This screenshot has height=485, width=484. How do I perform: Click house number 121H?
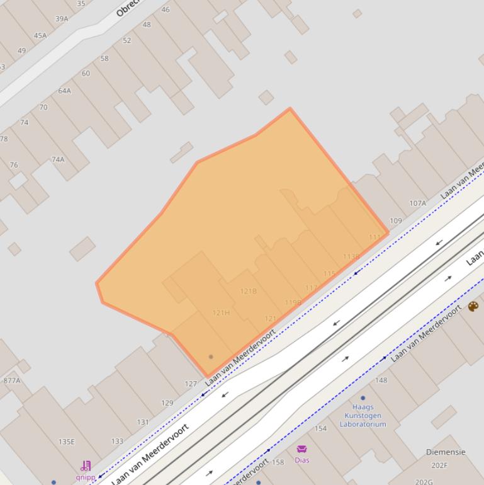click(x=221, y=313)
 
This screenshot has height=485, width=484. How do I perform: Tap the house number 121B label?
click(x=249, y=291)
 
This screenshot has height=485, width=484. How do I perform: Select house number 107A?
click(x=418, y=203)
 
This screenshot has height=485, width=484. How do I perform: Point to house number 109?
click(x=395, y=221)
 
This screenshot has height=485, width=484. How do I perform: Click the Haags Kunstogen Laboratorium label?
click(x=363, y=416)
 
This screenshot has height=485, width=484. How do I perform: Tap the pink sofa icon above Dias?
click(x=301, y=449)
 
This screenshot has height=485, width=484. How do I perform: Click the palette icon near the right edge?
click(x=473, y=307)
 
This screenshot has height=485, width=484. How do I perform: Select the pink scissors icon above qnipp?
click(x=86, y=466)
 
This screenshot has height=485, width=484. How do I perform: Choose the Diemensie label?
click(x=446, y=452)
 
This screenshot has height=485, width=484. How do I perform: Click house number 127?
click(x=191, y=384)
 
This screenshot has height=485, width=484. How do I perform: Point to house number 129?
click(x=167, y=403)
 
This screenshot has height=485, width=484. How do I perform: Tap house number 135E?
click(x=67, y=442)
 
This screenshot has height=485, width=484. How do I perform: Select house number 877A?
click(x=11, y=380)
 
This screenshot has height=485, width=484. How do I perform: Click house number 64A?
click(x=64, y=91)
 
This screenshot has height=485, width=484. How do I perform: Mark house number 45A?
click(x=40, y=35)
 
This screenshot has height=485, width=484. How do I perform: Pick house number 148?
click(x=381, y=380)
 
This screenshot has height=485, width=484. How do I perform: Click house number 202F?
click(x=439, y=466)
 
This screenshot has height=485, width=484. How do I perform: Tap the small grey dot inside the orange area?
click(x=211, y=357)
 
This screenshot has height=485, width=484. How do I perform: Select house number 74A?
click(x=58, y=159)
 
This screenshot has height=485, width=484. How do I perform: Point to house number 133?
click(x=117, y=442)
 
